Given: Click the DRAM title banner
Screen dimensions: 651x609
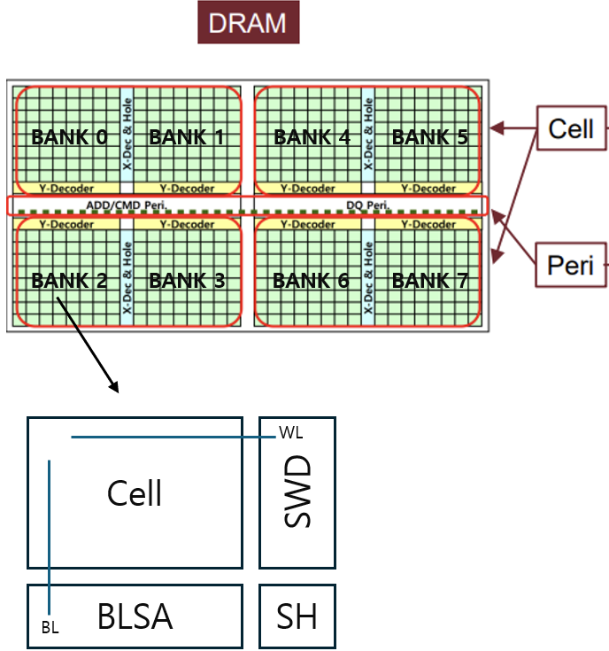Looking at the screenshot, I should [x=248, y=23].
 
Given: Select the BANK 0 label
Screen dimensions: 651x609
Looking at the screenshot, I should [x=69, y=137].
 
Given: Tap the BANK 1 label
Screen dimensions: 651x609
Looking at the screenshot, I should [x=187, y=137].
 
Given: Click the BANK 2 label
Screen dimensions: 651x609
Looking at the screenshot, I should [x=69, y=281].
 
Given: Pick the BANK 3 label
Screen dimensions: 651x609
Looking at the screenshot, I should [x=187, y=281].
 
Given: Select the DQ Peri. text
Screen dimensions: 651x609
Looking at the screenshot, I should [x=367, y=205].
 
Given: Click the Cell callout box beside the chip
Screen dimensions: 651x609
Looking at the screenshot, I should [x=571, y=129].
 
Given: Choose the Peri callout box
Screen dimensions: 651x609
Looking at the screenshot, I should [x=571, y=264].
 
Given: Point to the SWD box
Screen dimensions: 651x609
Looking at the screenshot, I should [x=297, y=492].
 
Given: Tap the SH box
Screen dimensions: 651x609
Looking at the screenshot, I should [x=297, y=616].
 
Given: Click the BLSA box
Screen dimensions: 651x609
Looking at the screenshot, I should [x=135, y=616].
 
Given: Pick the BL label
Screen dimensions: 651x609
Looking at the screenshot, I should [x=50, y=628].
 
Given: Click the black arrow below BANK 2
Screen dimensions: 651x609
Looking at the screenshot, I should [x=87, y=345].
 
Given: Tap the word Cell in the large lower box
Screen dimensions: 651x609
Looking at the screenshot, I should [x=135, y=493].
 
